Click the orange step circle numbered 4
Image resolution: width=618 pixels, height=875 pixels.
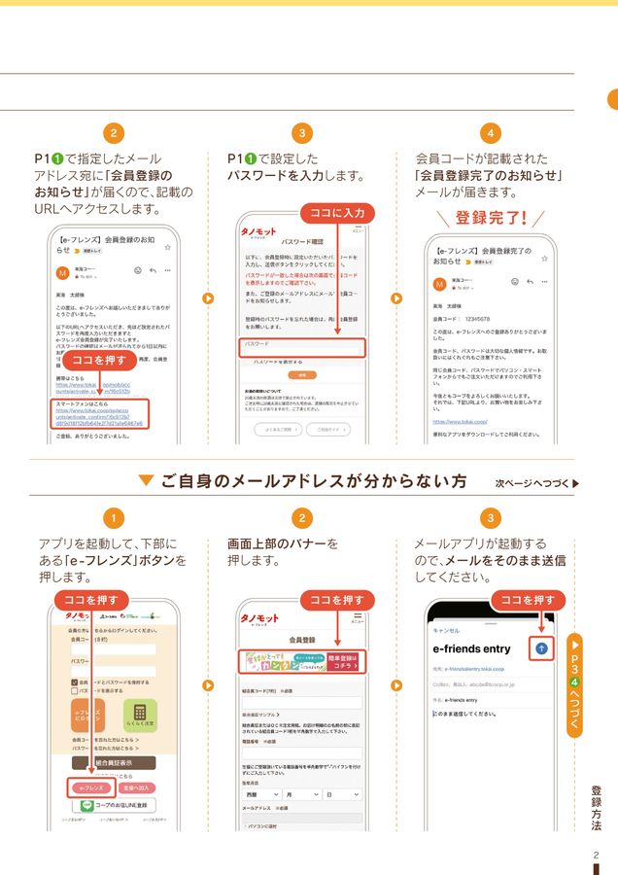point(491,132)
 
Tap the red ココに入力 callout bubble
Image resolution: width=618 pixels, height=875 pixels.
point(335,212)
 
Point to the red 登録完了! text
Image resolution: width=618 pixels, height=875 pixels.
point(491,217)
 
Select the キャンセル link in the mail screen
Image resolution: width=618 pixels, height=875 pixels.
point(447,629)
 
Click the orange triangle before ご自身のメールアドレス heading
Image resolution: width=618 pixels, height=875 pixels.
point(147,480)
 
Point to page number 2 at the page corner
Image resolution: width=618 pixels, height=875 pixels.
point(596,855)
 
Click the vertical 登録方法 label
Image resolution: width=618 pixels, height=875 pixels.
point(596,806)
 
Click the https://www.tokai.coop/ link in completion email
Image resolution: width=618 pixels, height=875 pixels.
point(462,422)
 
